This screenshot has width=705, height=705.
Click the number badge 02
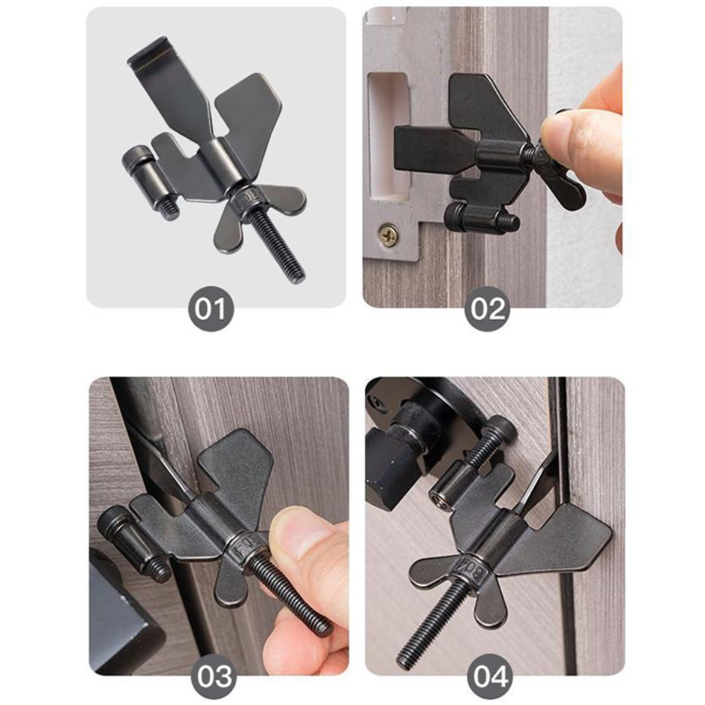488,310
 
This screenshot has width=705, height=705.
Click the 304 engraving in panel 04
472,566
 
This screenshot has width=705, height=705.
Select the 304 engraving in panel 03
242,550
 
